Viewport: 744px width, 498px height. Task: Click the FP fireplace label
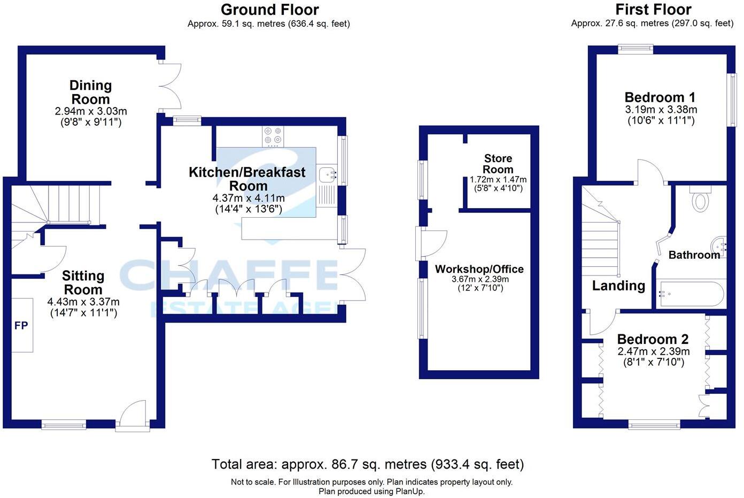(21, 325)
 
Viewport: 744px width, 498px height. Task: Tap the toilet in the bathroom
(700, 200)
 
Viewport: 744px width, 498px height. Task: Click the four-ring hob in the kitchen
(273, 136)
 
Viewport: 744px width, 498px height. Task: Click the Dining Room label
(90, 92)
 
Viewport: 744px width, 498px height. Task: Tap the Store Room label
(498, 164)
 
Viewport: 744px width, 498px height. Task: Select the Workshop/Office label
(479, 269)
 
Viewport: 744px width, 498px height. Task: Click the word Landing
(618, 286)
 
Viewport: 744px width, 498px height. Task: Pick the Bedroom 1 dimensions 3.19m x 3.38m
(661, 110)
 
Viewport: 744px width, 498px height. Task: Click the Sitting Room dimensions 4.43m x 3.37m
(83, 302)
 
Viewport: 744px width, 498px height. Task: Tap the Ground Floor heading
(269, 10)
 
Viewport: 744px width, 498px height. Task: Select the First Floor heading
(653, 10)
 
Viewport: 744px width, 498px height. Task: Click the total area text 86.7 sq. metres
(367, 464)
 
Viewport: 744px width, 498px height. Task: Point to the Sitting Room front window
(64, 425)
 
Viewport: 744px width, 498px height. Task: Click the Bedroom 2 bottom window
(654, 425)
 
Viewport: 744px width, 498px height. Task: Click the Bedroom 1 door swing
(649, 172)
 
